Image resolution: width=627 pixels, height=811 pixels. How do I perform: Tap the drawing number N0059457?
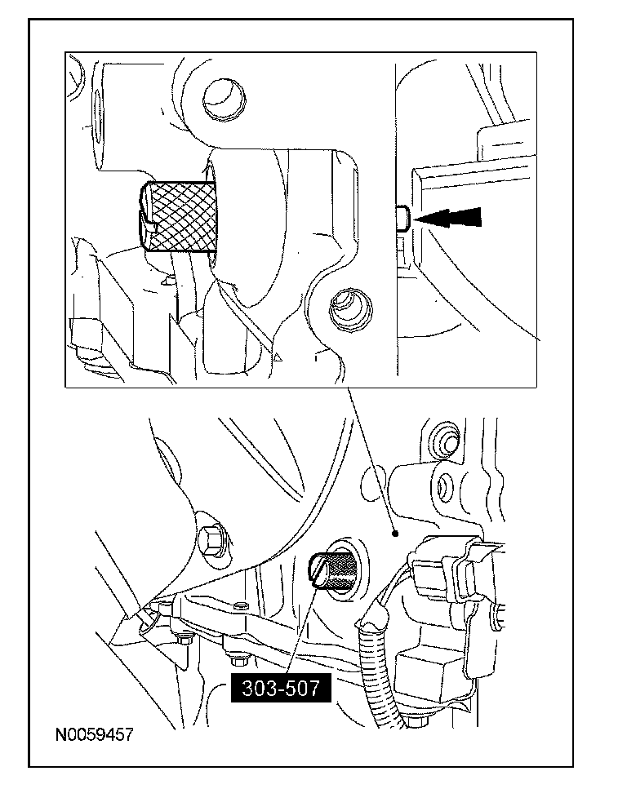click(94, 734)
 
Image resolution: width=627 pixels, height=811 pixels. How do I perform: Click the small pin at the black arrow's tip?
click(402, 219)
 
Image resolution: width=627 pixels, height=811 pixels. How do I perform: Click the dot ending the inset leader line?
click(395, 534)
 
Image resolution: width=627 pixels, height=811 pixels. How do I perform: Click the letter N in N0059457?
click(61, 734)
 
